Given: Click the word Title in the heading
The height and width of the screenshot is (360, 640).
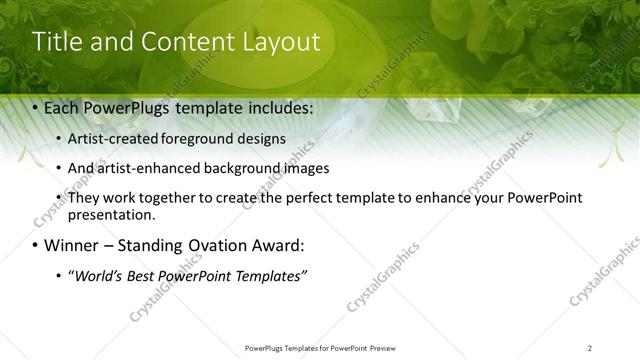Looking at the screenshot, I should (x=56, y=42).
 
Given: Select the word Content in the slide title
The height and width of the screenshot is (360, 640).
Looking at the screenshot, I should (x=176, y=42).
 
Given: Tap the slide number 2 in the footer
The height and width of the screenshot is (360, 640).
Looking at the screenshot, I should (x=590, y=348).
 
